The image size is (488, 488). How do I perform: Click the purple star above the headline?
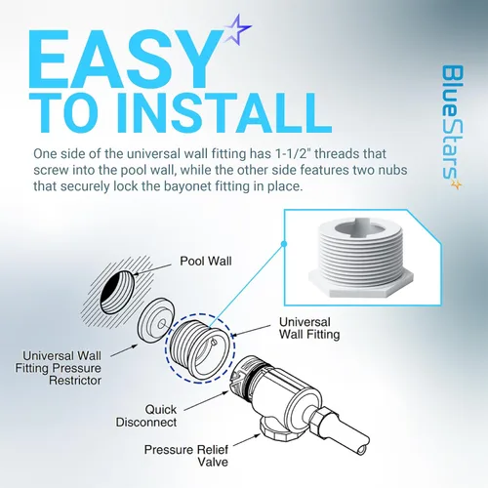click(237, 29)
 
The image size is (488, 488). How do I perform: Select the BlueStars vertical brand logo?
click(452, 127)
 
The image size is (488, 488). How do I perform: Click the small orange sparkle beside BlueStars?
click(457, 184)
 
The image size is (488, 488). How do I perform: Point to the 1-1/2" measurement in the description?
click(294, 153)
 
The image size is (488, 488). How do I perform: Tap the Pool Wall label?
click(206, 261)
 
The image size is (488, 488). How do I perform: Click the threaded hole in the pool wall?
click(117, 292)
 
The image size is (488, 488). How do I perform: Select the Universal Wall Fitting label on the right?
click(309, 328)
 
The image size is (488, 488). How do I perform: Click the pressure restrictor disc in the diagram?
click(156, 320)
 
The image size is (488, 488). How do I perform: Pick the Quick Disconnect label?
click(146, 416)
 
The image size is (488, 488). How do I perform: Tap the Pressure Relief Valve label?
click(186, 456)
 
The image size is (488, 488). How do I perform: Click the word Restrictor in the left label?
click(75, 381)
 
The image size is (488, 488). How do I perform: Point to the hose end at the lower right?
click(362, 448)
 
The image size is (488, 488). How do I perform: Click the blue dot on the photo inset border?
click(284, 244)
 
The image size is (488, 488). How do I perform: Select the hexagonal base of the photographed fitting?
click(361, 283)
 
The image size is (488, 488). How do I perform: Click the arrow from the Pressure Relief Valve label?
click(246, 440)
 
